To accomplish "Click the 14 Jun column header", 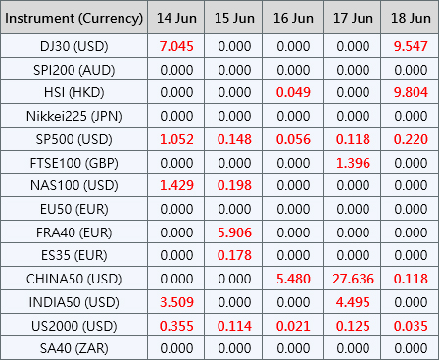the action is tap(176, 18).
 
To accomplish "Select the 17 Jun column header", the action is tap(353, 18).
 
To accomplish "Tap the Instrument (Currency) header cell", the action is tap(74, 19).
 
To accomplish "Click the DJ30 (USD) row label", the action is tap(74, 46).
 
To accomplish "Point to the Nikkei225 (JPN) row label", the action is tap(74, 116).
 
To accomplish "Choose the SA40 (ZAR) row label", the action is tap(74, 348).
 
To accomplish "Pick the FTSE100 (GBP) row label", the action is tap(74, 163).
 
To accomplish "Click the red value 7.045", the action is tap(176, 46).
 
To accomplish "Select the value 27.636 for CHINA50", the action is tap(353, 279).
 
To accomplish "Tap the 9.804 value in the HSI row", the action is tap(411, 92).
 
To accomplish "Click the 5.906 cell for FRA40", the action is tap(234, 232).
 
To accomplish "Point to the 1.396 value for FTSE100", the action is tap(353, 163).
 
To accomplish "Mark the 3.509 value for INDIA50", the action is tap(176, 302).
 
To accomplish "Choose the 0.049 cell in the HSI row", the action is tap(293, 92).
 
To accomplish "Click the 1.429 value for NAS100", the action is tap(176, 185).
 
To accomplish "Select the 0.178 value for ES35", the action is tap(234, 255).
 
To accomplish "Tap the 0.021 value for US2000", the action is tap(293, 326).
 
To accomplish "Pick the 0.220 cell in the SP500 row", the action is tap(411, 139).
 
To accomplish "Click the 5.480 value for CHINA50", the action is tap(293, 279).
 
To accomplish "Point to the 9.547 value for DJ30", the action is tap(411, 46).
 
